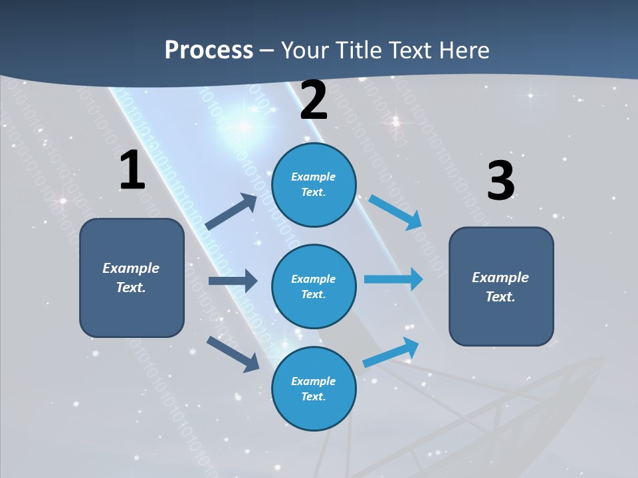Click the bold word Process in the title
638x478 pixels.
pos(209,50)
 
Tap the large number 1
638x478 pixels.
pos(132,170)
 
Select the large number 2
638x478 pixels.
pos(314,101)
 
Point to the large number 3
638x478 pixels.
pos(500,181)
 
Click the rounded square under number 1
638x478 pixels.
pos(132,278)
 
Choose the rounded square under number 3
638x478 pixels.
pos(501,286)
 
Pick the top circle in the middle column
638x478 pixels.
pos(314,185)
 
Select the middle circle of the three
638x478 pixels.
pos(314,286)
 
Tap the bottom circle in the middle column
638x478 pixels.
pos(314,388)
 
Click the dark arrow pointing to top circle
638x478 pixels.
pos(232,212)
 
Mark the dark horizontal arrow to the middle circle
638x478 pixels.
pos(233,281)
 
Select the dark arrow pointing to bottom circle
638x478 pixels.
pos(233,354)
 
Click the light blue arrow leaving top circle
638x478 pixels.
pos(396,212)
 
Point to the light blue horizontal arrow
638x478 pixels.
pos(393,279)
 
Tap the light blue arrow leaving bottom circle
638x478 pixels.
pos(391,352)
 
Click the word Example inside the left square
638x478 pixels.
pos(131,268)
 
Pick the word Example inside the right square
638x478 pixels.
pos(500,278)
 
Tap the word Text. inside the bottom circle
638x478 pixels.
pos(313,397)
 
